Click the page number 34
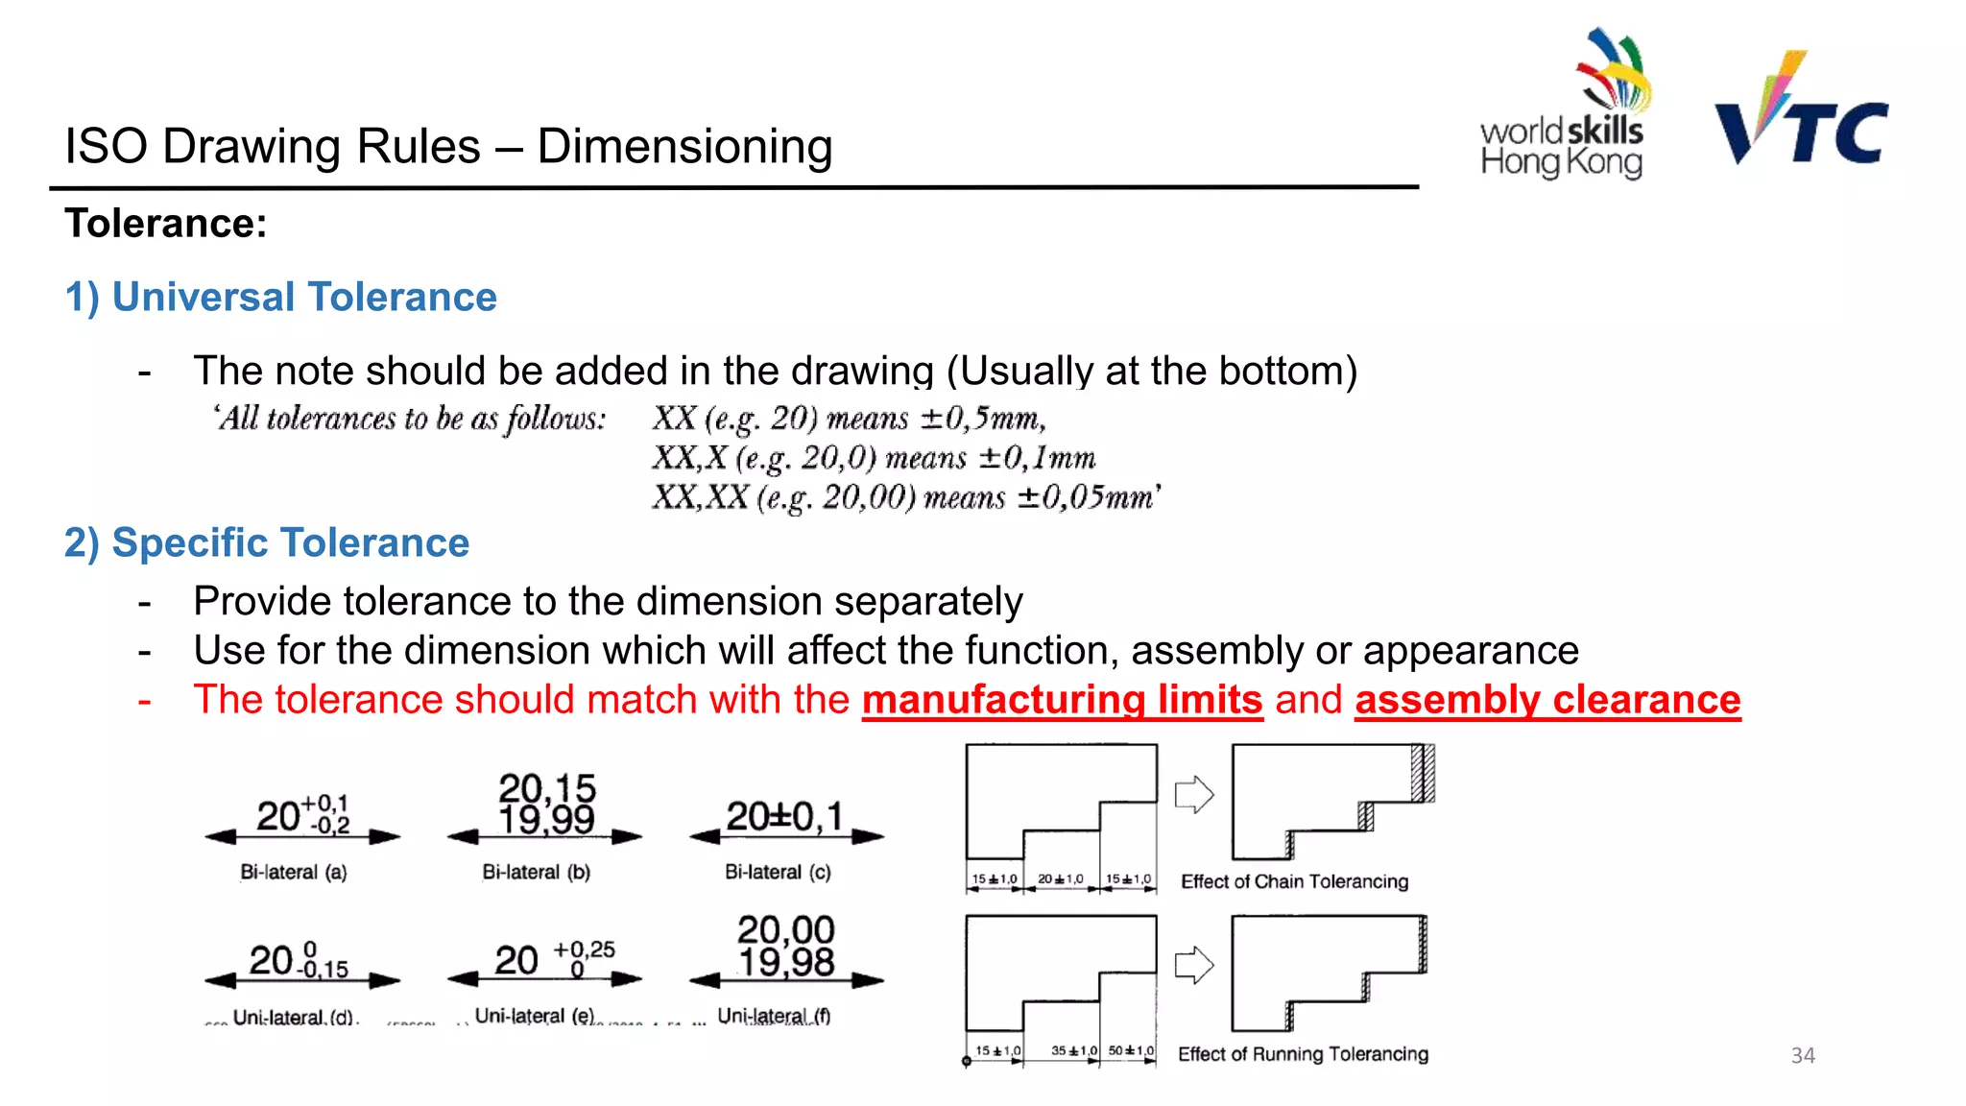click(1803, 1055)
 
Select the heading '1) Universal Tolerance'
click(280, 297)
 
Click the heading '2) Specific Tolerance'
click(267, 542)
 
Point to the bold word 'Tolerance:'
click(166, 224)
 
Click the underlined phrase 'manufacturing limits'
click(1062, 700)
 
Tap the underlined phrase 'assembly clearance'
click(1547, 700)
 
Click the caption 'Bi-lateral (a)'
click(294, 872)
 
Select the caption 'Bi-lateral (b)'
click(536, 872)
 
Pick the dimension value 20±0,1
click(784, 817)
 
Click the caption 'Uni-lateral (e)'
click(535, 1016)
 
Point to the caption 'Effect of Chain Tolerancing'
click(1294, 881)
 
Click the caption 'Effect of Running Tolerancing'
click(1303, 1054)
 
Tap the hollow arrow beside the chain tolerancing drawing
click(1194, 794)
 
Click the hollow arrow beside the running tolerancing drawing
click(1194, 965)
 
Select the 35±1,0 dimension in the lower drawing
click(1073, 1050)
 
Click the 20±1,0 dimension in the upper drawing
click(1060, 878)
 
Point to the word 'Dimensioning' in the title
click(684, 147)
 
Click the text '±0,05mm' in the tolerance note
click(1089, 497)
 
